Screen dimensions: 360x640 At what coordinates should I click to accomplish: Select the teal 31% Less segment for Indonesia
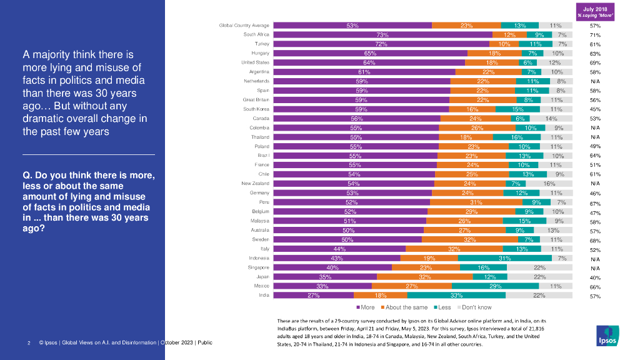505,257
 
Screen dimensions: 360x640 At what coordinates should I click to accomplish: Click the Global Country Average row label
244,26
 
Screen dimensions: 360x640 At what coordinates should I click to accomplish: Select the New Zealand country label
255,183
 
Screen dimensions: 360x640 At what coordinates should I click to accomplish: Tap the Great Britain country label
256,100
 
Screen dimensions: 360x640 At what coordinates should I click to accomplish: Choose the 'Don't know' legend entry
476,307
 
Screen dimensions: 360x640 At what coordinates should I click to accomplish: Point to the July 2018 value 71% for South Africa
596,35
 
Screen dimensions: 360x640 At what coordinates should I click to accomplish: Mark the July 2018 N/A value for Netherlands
596,81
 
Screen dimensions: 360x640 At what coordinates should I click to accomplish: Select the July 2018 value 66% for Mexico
596,286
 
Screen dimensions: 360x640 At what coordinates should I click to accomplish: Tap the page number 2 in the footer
29,343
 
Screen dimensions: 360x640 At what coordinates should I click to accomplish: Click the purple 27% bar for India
314,295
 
